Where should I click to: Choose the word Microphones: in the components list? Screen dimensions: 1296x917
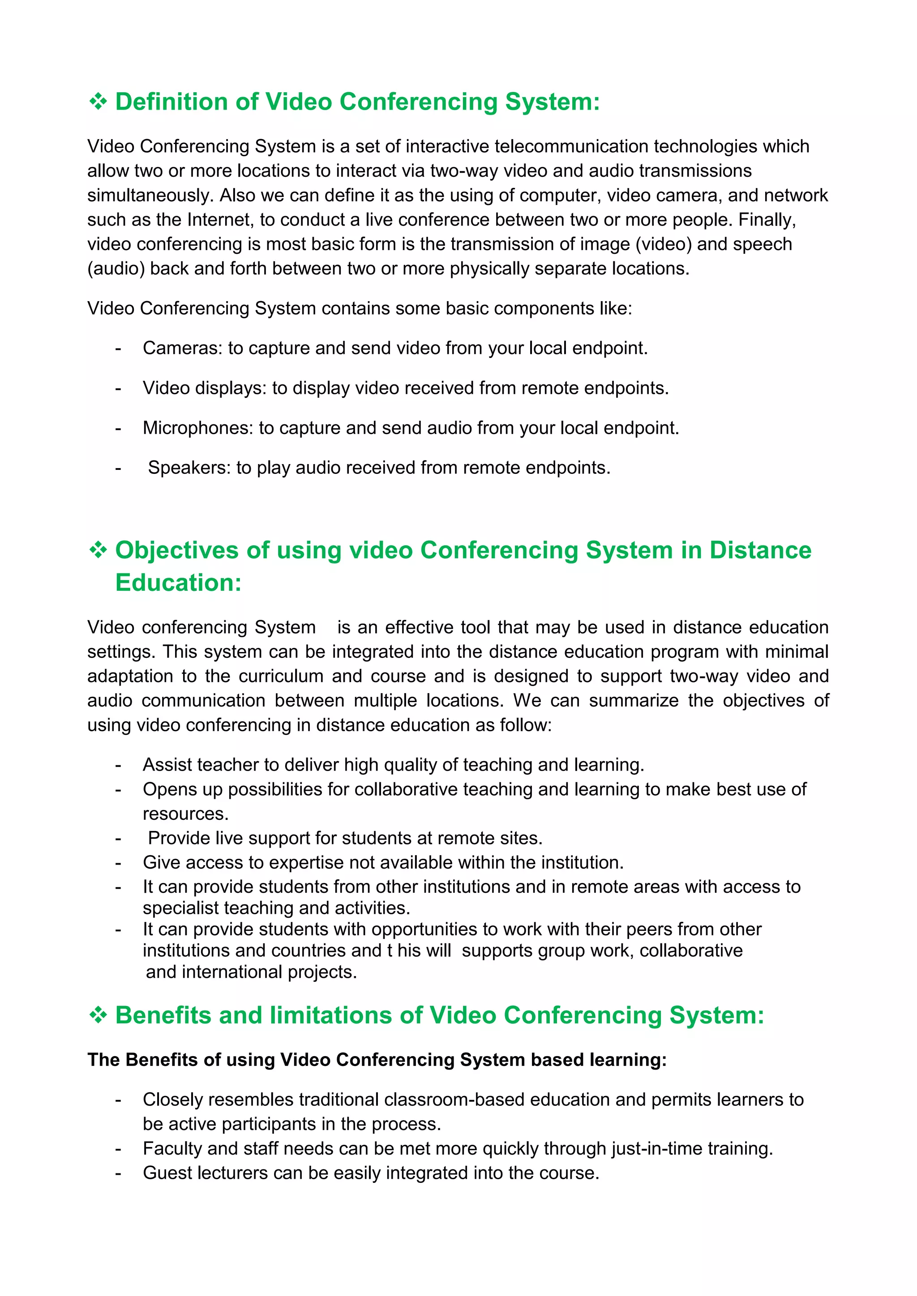click(197, 428)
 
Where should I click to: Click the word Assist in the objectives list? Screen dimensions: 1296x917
click(163, 765)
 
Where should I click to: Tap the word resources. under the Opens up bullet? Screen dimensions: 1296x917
click(186, 814)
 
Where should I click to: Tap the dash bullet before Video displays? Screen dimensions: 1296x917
click(118, 388)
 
